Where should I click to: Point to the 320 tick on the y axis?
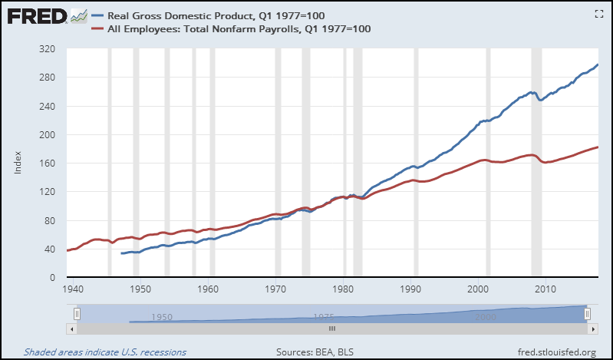(x=48, y=48)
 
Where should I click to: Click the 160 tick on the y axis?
(x=48, y=163)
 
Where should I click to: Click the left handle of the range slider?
(x=77, y=314)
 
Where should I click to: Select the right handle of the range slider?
(x=587, y=314)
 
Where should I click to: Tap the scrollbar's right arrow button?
(x=591, y=328)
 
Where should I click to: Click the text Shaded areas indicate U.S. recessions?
(x=104, y=352)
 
